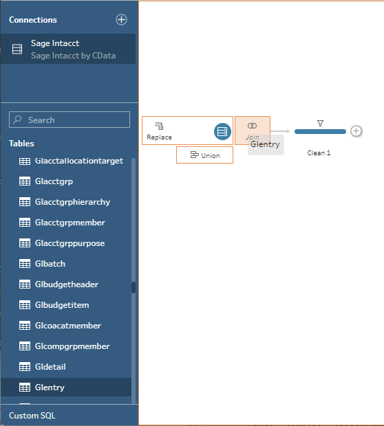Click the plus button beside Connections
[121, 19]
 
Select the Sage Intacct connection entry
[68, 49]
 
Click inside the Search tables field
[70, 120]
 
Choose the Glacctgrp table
[54, 181]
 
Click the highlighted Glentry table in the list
[66, 387]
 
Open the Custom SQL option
[32, 416]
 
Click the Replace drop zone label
[159, 137]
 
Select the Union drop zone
[204, 155]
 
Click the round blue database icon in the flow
[222, 131]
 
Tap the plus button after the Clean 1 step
[356, 131]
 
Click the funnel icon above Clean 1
[320, 124]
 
